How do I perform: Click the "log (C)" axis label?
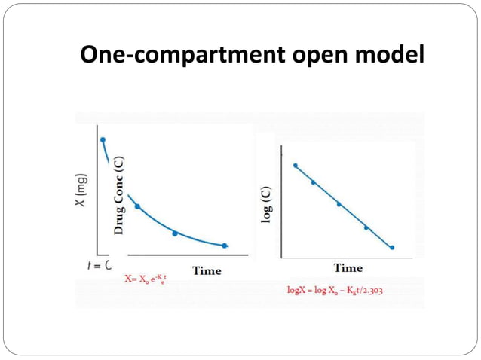pyautogui.click(x=267, y=203)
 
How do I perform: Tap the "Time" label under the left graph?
pyautogui.click(x=207, y=270)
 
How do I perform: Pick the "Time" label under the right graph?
pyautogui.click(x=348, y=267)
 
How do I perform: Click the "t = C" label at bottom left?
pyautogui.click(x=96, y=265)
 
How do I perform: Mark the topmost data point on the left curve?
pyautogui.click(x=103, y=139)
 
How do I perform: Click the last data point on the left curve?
pyautogui.click(x=225, y=246)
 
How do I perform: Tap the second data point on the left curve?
pyautogui.click(x=136, y=206)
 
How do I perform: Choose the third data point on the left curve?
pyautogui.click(x=175, y=233)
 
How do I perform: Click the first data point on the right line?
pyautogui.click(x=296, y=165)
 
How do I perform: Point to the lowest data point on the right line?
pyautogui.click(x=392, y=247)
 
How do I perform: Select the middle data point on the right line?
pyautogui.click(x=339, y=203)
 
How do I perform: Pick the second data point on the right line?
pyautogui.click(x=313, y=182)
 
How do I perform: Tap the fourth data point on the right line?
pyautogui.click(x=366, y=227)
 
